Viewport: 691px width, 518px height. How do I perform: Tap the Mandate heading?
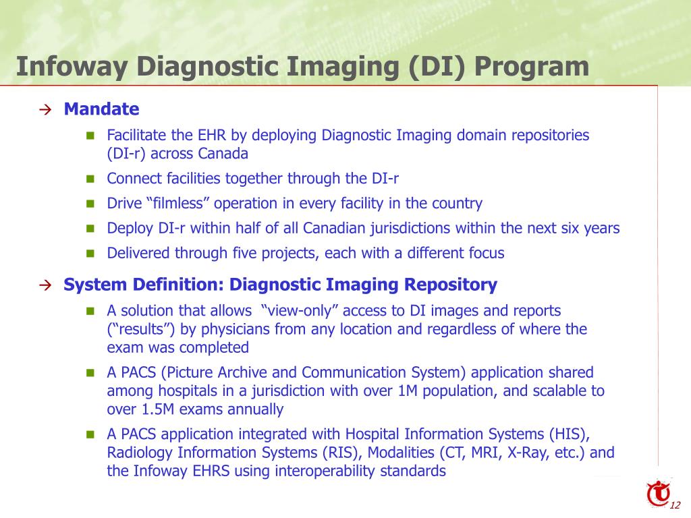coord(101,109)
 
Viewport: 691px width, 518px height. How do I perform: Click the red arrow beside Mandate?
coord(45,110)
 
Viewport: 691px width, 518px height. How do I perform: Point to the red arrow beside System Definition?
coord(45,285)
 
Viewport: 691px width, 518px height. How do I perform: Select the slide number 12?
coord(675,507)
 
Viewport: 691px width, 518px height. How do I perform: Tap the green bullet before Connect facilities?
coord(90,179)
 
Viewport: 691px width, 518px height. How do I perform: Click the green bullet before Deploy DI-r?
coord(90,229)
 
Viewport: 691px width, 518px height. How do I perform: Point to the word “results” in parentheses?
coord(138,329)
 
